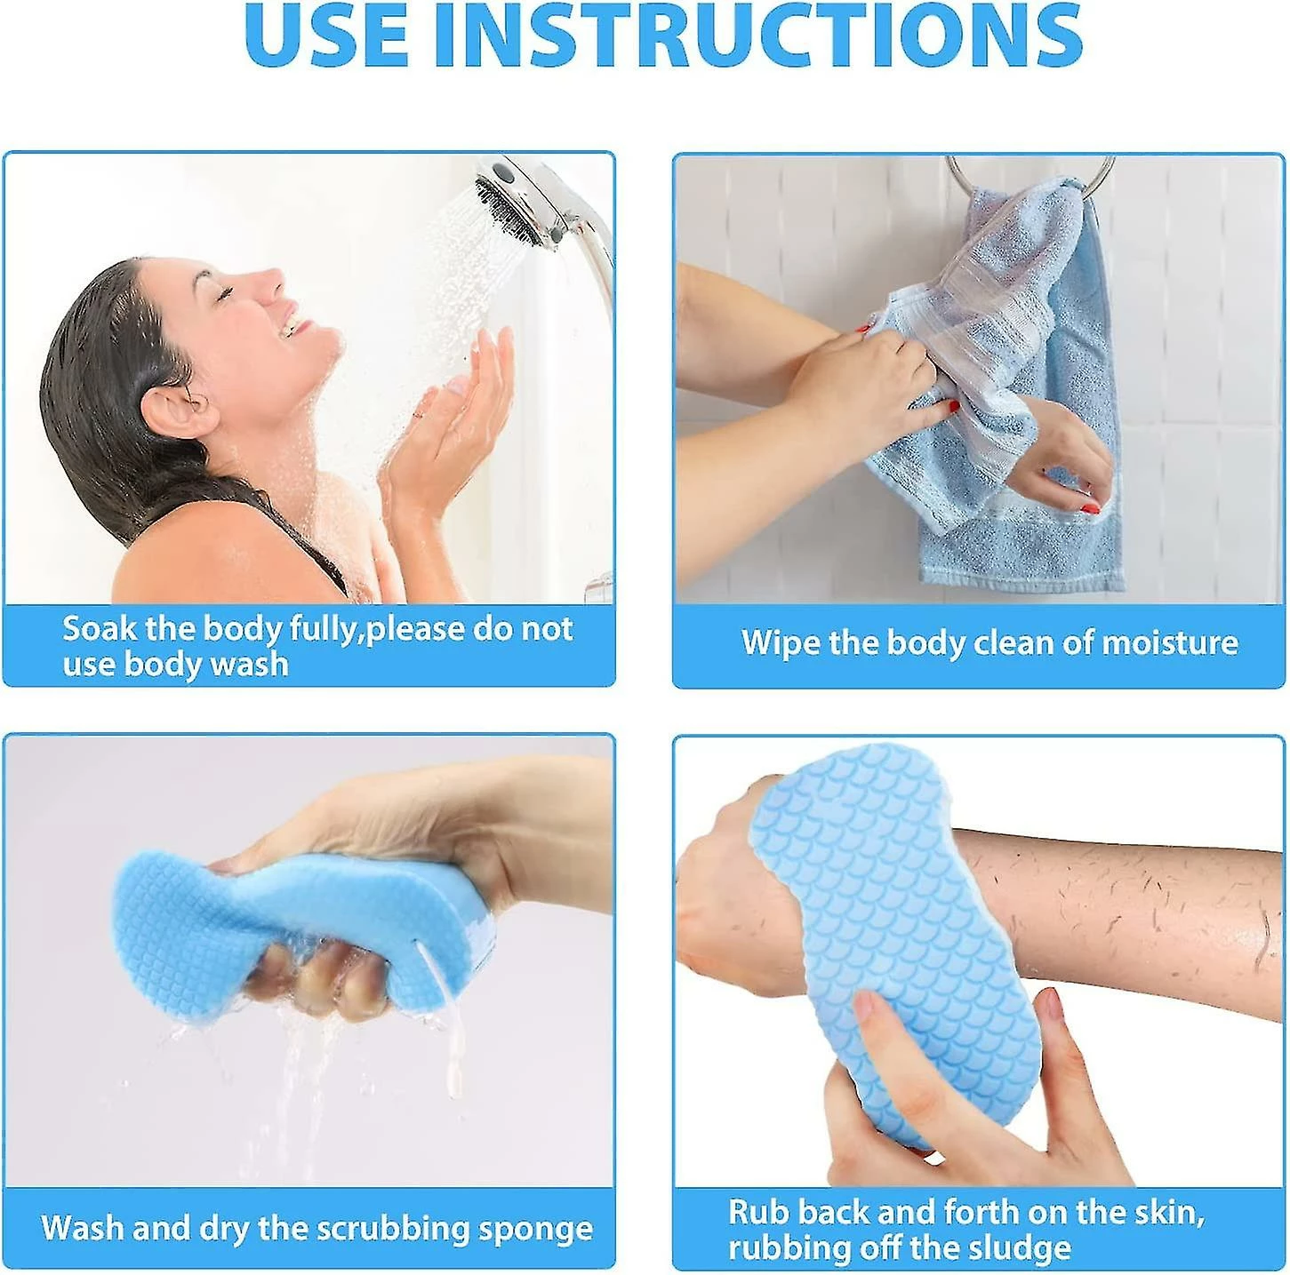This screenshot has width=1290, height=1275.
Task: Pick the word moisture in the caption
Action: point(1170,642)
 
